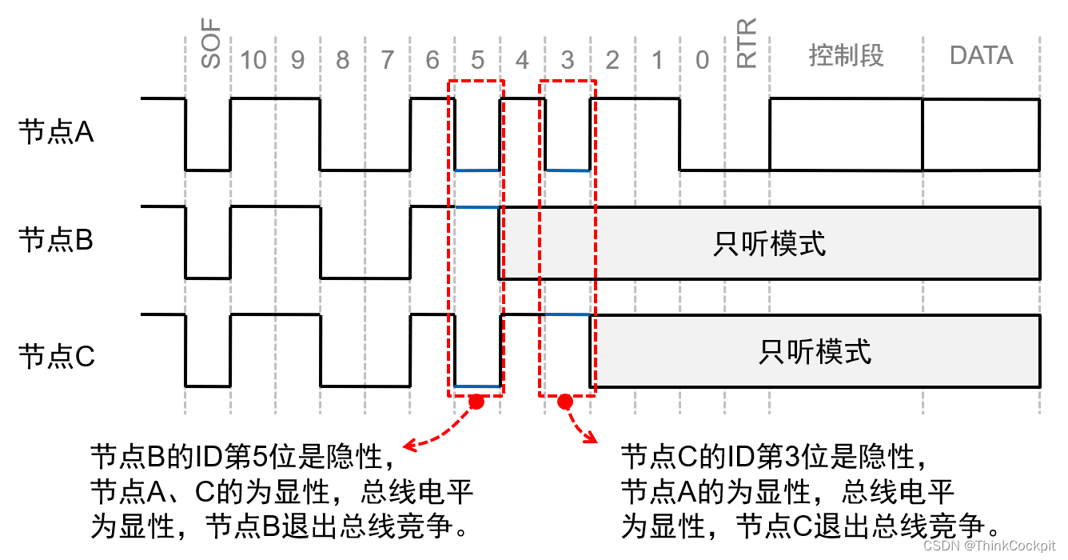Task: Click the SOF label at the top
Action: coord(209,46)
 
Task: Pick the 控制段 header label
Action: coord(846,56)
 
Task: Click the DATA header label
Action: coord(981,56)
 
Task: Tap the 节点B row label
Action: coord(56,240)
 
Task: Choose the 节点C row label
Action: coord(56,355)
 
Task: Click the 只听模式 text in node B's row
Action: coord(769,244)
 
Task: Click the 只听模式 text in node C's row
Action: coord(815,351)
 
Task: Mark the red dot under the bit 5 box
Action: coord(476,402)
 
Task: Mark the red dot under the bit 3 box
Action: coord(565,402)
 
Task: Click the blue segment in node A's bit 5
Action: coord(477,170)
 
